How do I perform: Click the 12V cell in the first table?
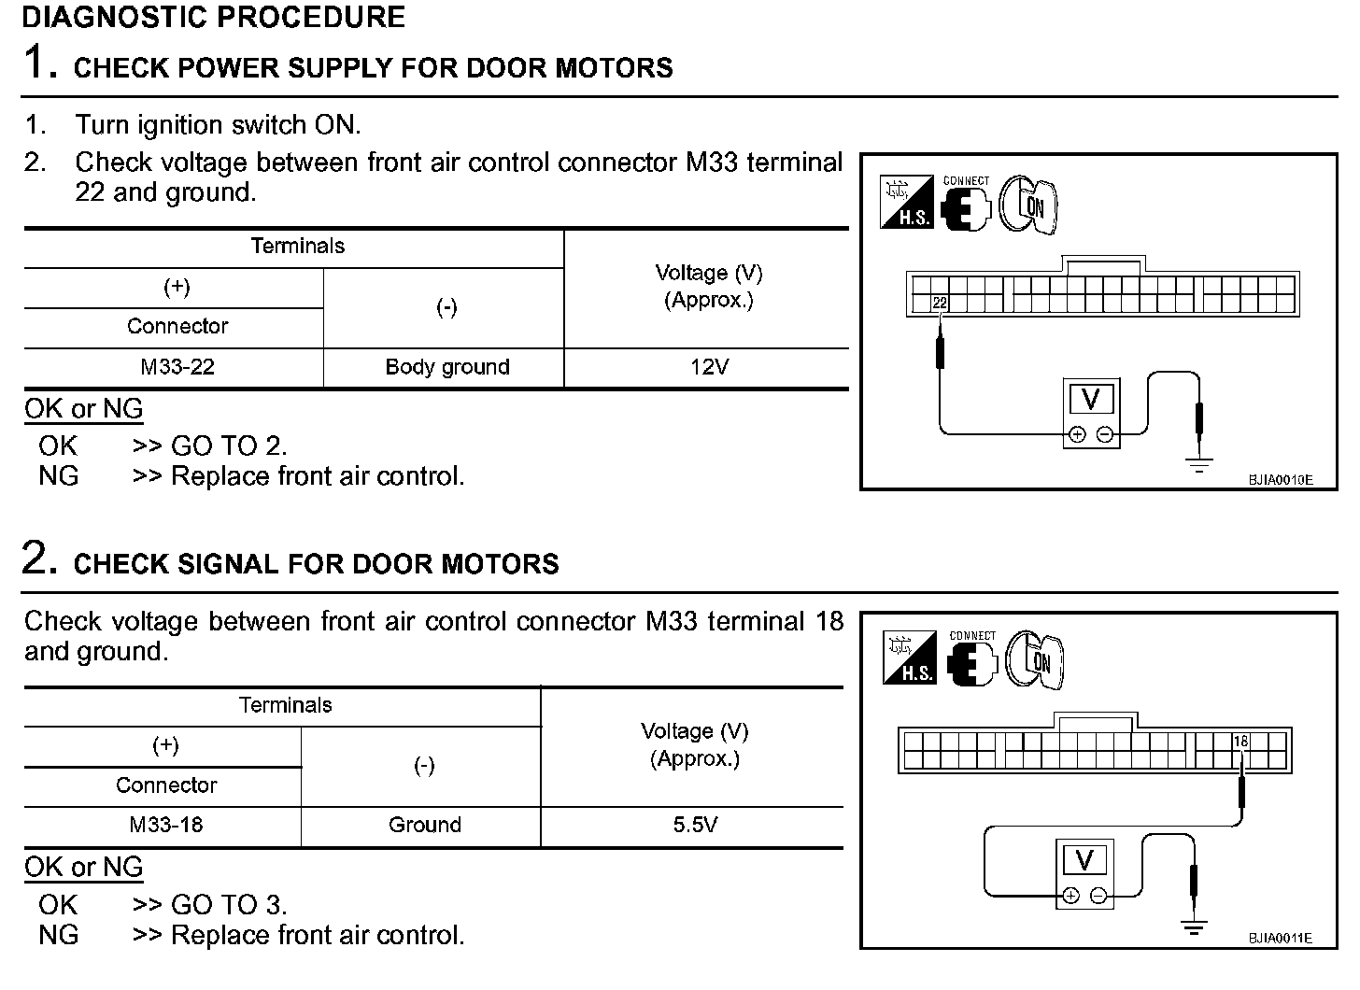(x=709, y=367)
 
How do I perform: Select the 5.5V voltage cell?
(x=695, y=826)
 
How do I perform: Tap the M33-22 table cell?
(x=177, y=367)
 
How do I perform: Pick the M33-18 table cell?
(x=166, y=826)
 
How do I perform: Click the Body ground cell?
(x=447, y=367)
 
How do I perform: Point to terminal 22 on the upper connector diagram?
(x=940, y=303)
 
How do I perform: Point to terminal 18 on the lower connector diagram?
(x=1240, y=742)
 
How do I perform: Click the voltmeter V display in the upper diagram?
(x=1090, y=400)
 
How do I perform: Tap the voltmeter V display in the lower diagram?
(x=1084, y=859)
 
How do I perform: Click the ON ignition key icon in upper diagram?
(x=1029, y=205)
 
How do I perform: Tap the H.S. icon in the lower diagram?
(x=909, y=658)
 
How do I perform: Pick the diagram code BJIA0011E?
(x=1280, y=938)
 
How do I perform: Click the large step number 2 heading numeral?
(x=35, y=559)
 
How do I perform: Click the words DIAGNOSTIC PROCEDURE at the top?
(x=213, y=17)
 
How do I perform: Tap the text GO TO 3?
(x=229, y=905)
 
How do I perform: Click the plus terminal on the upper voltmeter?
(x=1077, y=434)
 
